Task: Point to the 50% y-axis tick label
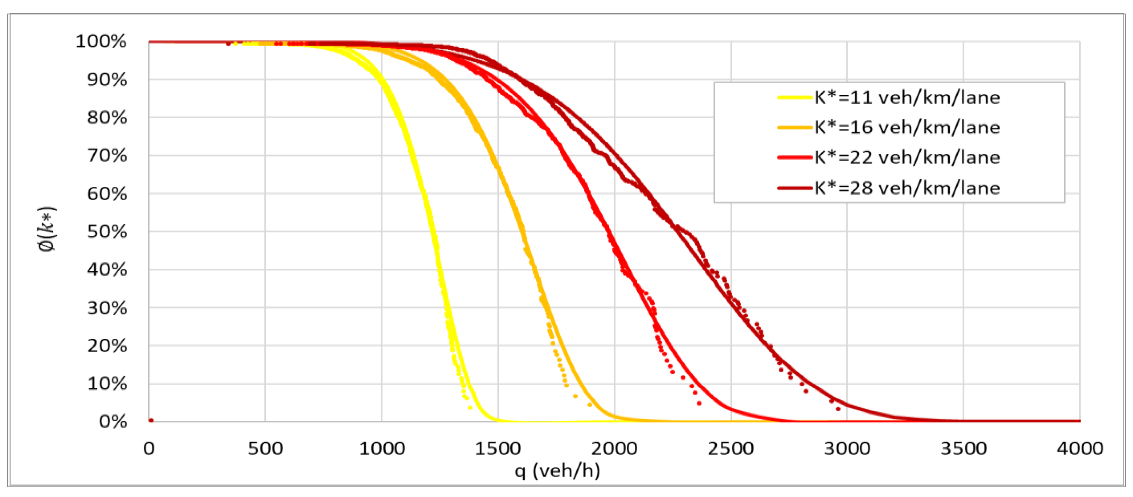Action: point(107,232)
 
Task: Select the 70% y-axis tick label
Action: point(107,155)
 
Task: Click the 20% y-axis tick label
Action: point(107,346)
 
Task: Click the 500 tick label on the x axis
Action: point(265,449)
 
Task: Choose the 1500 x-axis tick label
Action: point(497,449)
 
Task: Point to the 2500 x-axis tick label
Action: point(731,449)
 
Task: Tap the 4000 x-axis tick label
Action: point(1080,449)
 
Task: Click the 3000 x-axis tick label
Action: point(847,449)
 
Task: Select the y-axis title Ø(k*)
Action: point(47,229)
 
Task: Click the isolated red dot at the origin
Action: point(151,420)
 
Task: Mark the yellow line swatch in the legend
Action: point(794,97)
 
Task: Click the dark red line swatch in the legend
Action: point(794,188)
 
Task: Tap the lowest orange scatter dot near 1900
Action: point(590,404)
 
